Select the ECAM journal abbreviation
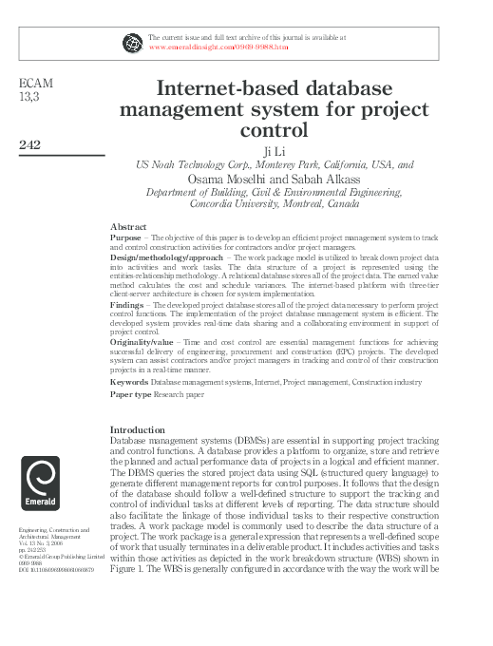coord(36,85)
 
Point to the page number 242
coord(33,144)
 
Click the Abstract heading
coord(128,227)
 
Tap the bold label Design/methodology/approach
coord(166,257)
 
